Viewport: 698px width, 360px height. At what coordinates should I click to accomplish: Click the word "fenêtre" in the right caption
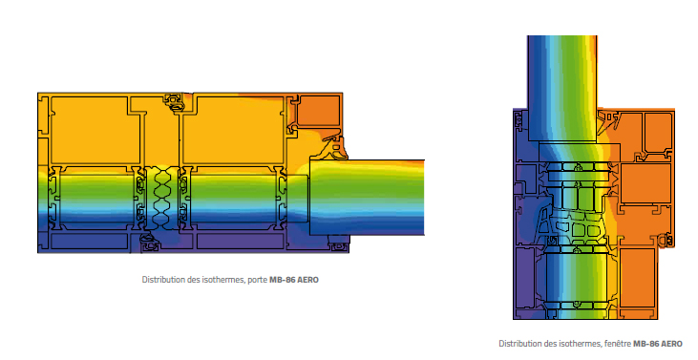618,344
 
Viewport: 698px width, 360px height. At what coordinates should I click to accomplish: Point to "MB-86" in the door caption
283,280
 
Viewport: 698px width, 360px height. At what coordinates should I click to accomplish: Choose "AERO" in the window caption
671,344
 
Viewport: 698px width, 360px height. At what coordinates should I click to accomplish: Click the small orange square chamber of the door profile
319,111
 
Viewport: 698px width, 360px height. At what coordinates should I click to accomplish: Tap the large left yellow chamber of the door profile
95,130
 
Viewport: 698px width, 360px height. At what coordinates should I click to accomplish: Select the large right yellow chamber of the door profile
233,130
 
